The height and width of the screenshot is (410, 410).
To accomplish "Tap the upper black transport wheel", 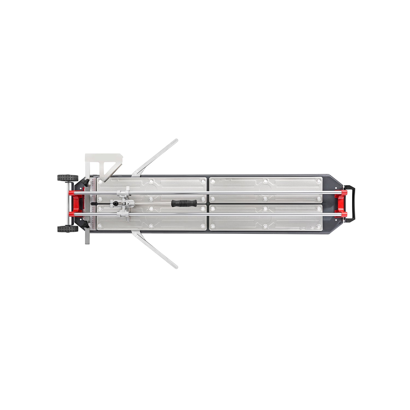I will [x=68, y=178].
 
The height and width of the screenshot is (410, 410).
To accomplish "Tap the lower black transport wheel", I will [x=68, y=229].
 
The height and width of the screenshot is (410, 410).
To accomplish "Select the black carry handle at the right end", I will [x=353, y=203].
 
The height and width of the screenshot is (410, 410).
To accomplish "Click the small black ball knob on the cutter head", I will [x=116, y=203].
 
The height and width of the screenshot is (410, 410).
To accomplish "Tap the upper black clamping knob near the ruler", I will [x=86, y=182].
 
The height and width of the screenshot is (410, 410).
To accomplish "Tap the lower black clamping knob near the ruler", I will [x=86, y=224].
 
